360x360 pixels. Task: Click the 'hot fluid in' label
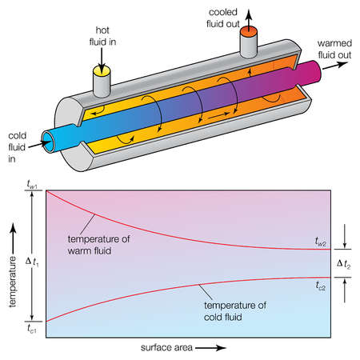(x=102, y=35)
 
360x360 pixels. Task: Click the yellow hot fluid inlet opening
(x=102, y=70)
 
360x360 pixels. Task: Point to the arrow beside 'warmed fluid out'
(x=338, y=67)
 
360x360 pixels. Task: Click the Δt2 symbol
(x=342, y=263)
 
